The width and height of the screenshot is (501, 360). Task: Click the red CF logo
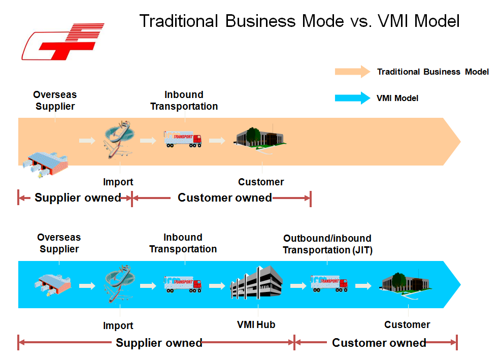[x=63, y=42]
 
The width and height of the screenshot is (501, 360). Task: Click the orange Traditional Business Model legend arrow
[x=352, y=72]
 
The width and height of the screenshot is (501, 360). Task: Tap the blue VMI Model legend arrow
[x=352, y=98]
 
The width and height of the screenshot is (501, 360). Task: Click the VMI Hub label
[x=256, y=324]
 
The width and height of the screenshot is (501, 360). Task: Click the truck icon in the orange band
[x=183, y=139]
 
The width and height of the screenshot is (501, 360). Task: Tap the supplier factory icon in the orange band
[x=45, y=163]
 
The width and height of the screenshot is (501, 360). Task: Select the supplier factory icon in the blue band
[x=53, y=284]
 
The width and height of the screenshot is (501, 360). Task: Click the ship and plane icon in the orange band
[x=119, y=140]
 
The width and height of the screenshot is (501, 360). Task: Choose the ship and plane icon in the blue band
[x=119, y=283]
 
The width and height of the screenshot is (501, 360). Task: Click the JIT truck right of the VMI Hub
[x=329, y=283]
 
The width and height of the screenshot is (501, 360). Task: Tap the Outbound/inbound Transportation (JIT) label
[x=327, y=244]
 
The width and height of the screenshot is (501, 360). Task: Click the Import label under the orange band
[x=118, y=182]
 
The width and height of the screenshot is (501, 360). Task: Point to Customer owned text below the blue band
[x=379, y=343]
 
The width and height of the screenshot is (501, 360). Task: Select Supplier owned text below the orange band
[x=78, y=198]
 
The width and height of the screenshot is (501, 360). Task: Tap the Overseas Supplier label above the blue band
[x=59, y=243]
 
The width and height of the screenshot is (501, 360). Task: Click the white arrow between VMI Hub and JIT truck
[x=298, y=285]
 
